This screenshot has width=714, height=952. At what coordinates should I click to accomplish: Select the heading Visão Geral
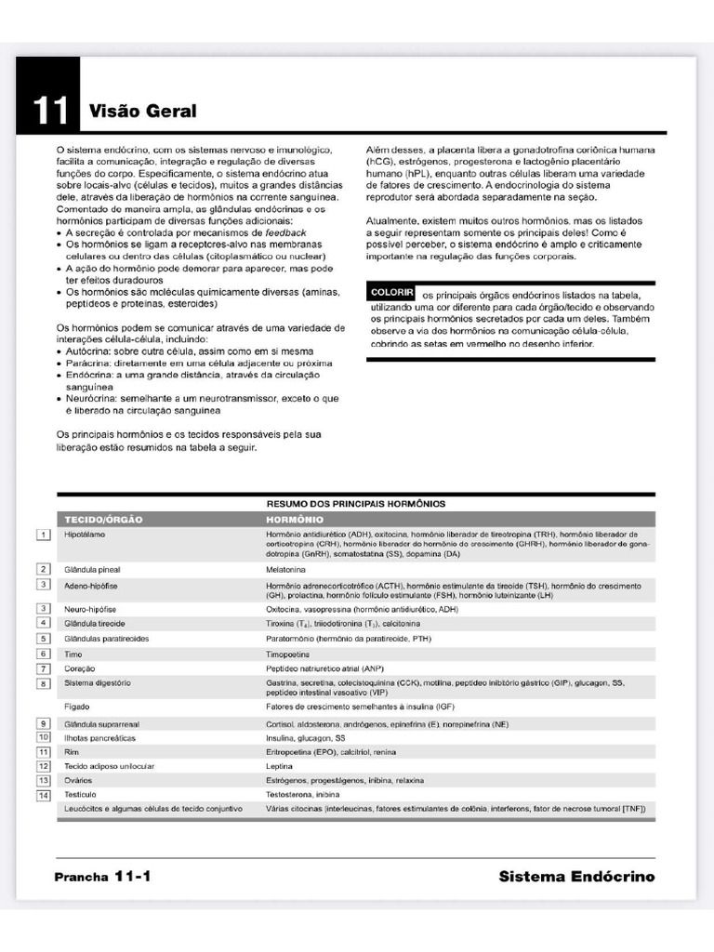tap(142, 112)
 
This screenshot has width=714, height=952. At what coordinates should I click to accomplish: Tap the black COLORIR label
tap(390, 293)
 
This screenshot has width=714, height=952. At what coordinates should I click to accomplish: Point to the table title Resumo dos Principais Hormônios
tap(356, 503)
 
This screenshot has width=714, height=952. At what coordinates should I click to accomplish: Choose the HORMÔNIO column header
tap(295, 519)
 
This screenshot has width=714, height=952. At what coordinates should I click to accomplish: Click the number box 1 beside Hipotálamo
tap(43, 535)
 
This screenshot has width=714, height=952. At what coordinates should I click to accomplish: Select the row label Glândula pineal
tap(93, 568)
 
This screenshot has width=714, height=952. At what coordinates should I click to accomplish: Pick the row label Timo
tap(73, 654)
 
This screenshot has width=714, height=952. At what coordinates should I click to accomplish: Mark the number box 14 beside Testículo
tap(43, 795)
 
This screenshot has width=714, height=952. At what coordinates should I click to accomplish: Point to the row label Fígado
tap(77, 707)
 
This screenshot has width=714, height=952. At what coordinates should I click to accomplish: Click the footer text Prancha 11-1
tap(102, 877)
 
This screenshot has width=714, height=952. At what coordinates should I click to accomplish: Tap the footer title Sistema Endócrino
tap(576, 877)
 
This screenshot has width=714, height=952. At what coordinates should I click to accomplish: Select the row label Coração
tap(80, 668)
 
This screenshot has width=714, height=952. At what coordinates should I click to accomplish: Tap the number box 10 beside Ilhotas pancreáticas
tap(43, 736)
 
